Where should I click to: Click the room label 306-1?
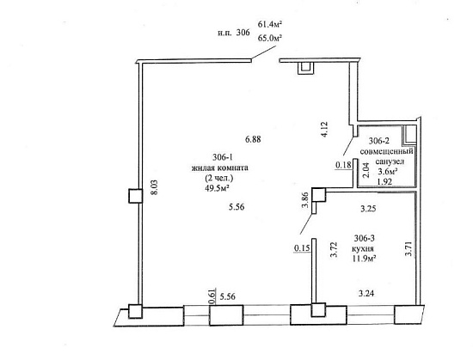pyautogui.click(x=223, y=157)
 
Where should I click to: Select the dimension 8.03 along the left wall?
pyautogui.click(x=154, y=187)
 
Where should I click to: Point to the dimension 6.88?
pyautogui.click(x=253, y=139)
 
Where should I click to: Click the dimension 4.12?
pyautogui.click(x=324, y=129)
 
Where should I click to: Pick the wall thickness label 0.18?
pyautogui.click(x=343, y=165)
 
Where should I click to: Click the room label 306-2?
pyautogui.click(x=379, y=141)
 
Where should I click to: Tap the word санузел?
pyautogui.click(x=390, y=162)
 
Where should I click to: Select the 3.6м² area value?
pyautogui.click(x=388, y=172)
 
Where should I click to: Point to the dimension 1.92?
pyautogui.click(x=384, y=181)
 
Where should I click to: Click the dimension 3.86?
pyautogui.click(x=305, y=199)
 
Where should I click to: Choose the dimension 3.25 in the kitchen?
pyautogui.click(x=368, y=209)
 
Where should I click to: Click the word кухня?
pyautogui.click(x=363, y=249)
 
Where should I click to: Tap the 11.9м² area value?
pyautogui.click(x=363, y=259)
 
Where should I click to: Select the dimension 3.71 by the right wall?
pyautogui.click(x=408, y=248)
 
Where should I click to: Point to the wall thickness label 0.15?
pyautogui.click(x=302, y=248)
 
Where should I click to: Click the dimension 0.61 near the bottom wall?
pyautogui.click(x=212, y=296)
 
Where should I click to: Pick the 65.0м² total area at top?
pyautogui.click(x=270, y=39)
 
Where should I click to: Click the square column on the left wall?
pyautogui.click(x=135, y=196)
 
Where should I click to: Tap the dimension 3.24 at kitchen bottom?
pyautogui.click(x=366, y=293)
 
